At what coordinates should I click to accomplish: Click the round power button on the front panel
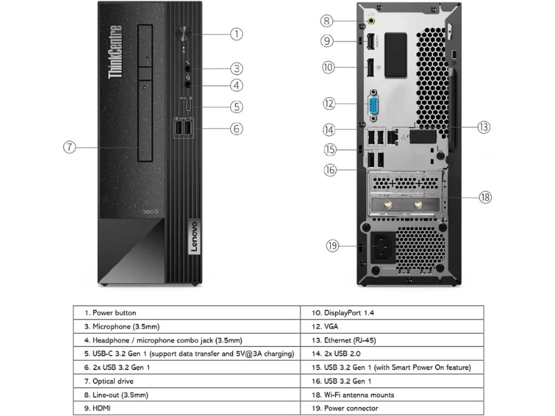tap(183, 34)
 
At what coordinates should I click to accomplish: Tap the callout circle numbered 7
tap(69, 147)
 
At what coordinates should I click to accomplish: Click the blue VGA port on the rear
tap(373, 105)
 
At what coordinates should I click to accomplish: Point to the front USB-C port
tap(189, 106)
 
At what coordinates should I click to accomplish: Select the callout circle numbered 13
tap(484, 128)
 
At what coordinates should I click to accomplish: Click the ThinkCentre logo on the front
tap(115, 52)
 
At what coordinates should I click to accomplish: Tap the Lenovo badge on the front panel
tap(194, 236)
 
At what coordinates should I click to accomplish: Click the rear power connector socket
tap(383, 248)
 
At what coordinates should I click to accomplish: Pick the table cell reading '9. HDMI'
tap(187, 408)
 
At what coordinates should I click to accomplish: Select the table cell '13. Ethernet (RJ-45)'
tap(392, 340)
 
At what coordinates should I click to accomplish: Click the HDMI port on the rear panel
tap(371, 42)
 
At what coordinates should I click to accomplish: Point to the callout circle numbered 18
tap(485, 197)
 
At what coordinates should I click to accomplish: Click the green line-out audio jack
tap(371, 21)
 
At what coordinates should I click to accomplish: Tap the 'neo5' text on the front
tap(150, 211)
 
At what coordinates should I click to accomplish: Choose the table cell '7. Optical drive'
tap(187, 381)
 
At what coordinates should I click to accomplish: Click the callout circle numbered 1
tap(237, 34)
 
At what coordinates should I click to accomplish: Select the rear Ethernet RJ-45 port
tap(392, 136)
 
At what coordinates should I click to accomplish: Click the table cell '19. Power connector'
tap(392, 408)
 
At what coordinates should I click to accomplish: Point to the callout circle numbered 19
tap(332, 246)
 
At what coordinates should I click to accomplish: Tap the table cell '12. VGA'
tap(392, 326)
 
